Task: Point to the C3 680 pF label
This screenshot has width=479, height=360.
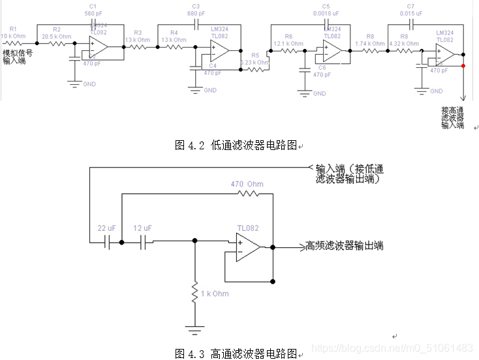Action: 195,9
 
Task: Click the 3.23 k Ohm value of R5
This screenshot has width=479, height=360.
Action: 255,62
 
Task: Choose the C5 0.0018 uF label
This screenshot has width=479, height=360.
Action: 326,9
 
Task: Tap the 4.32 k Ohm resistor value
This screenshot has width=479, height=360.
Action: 404,44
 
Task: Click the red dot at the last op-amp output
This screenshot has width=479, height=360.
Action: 463,65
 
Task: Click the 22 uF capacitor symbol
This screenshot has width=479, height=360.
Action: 108,241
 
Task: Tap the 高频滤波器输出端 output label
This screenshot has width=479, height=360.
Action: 344,246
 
